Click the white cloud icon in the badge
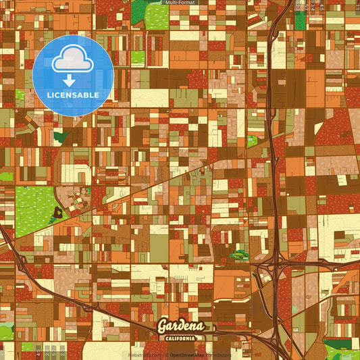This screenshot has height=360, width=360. [x=72, y=59]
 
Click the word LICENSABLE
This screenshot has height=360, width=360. [x=72, y=95]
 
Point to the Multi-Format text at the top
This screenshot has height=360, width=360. [x=180, y=3]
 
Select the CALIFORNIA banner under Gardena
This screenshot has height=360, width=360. [x=180, y=338]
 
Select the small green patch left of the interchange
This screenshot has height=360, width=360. [x=240, y=255]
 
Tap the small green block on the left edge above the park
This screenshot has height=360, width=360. [x=5, y=177]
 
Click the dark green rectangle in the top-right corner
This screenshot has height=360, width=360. [x=300, y=20]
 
